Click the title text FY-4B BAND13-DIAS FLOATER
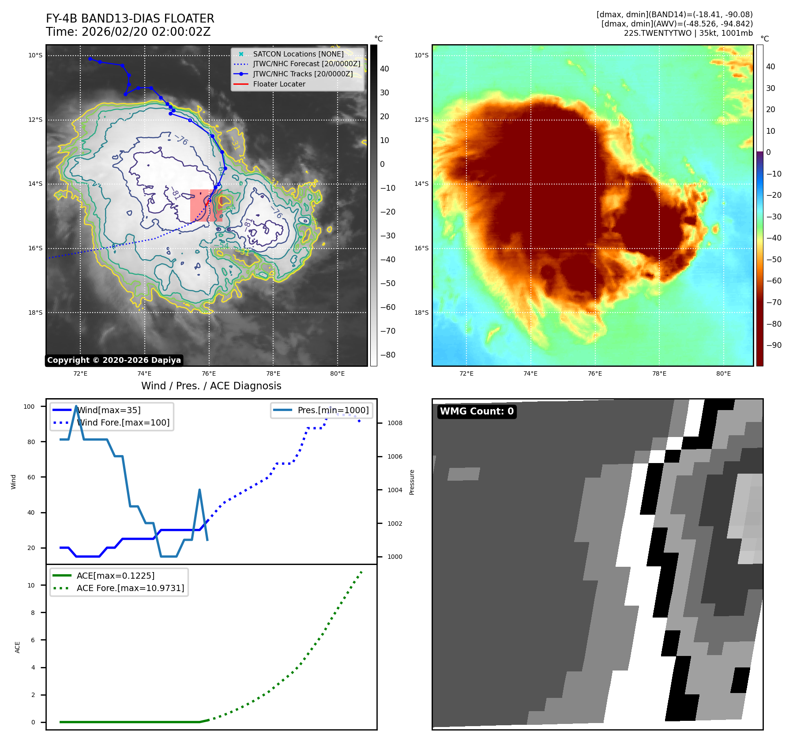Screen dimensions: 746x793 click(130, 19)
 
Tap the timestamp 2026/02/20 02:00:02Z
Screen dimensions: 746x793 click(146, 32)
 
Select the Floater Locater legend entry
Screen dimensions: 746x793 click(279, 84)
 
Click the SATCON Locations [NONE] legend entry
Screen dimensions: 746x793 click(298, 54)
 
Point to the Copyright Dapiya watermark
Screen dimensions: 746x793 click(114, 360)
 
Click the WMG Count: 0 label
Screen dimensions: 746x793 click(477, 411)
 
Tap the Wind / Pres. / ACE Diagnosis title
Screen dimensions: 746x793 click(211, 386)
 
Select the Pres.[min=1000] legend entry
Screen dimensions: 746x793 click(333, 410)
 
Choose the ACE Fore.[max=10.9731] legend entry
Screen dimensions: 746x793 click(130, 588)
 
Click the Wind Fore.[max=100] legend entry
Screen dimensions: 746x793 click(123, 422)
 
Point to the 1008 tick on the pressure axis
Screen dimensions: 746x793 click(395, 423)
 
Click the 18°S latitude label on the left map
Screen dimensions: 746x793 click(35, 313)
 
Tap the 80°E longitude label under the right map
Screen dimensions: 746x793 click(723, 373)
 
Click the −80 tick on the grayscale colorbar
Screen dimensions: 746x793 click(388, 355)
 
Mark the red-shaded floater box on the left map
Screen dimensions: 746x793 click(206, 205)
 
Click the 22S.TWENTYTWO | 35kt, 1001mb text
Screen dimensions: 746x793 click(688, 33)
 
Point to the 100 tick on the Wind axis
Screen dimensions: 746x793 click(29, 407)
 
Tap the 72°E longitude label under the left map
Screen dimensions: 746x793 click(80, 373)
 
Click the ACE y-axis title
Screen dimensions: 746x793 click(18, 647)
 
